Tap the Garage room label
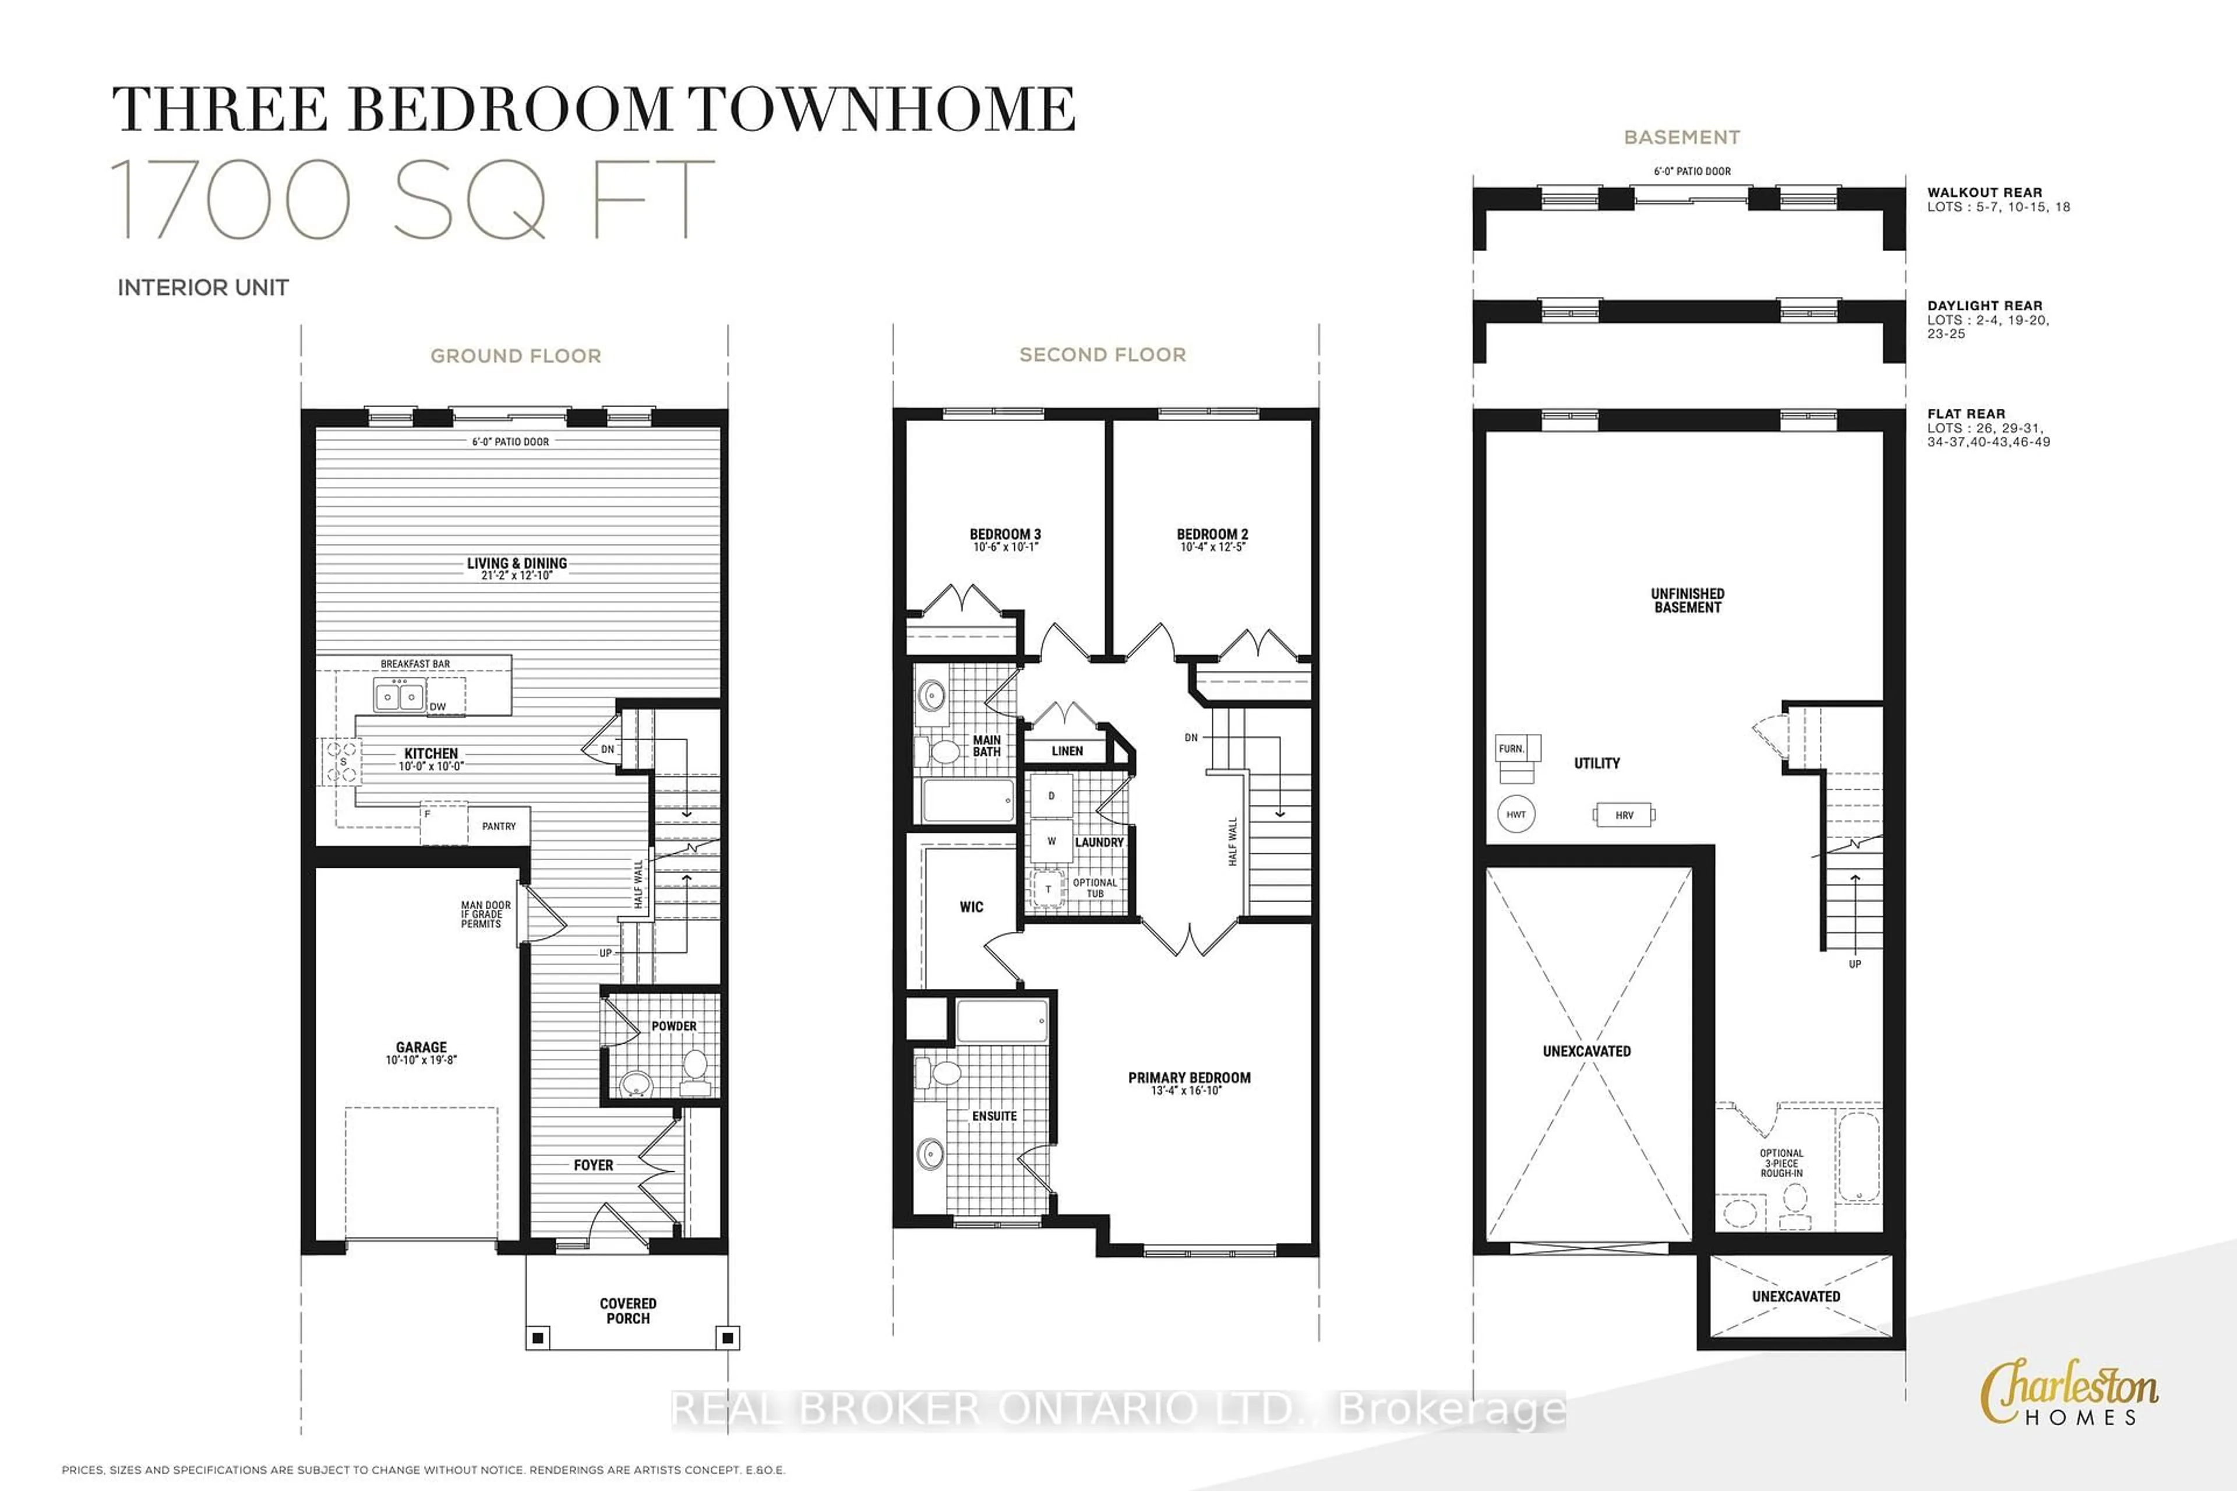[x=421, y=1047]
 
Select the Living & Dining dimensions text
[x=517, y=576]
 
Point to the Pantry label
[x=499, y=826]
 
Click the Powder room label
[x=673, y=1026]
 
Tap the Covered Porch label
[x=628, y=1310]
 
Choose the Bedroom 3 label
[x=1005, y=535]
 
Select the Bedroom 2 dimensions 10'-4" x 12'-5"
[x=1212, y=547]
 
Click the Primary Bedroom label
[x=1189, y=1077]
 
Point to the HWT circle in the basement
[x=1516, y=815]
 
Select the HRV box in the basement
[x=1625, y=815]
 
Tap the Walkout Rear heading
[x=1984, y=192]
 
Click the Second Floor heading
[x=1102, y=355]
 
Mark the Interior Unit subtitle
[x=203, y=287]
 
